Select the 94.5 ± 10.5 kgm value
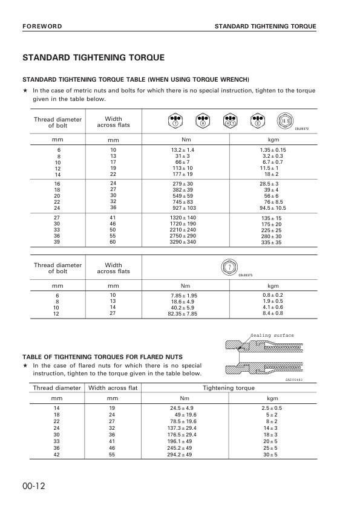click(272, 207)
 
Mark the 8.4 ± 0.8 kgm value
click(273, 314)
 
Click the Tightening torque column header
click(228, 387)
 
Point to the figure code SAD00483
click(293, 378)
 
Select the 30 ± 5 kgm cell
click(273, 454)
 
